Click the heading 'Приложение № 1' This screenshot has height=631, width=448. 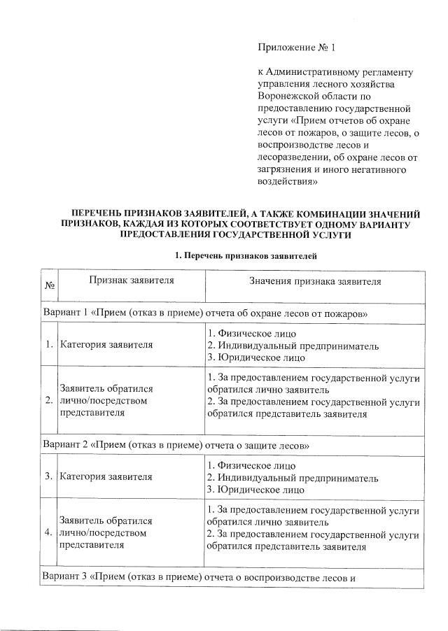(x=297, y=48)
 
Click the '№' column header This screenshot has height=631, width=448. (x=50, y=286)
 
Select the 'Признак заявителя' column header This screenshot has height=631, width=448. (x=131, y=281)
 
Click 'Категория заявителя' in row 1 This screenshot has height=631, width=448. (x=106, y=345)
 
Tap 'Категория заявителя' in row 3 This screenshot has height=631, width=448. (x=106, y=478)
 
